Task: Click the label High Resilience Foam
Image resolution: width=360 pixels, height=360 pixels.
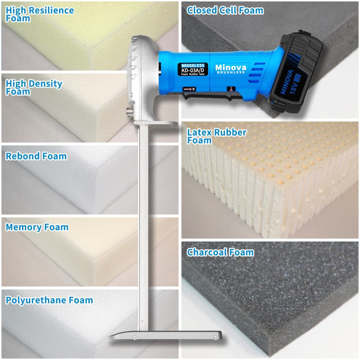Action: (x=40, y=14)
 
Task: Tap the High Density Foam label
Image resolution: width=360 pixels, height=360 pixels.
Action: (x=34, y=87)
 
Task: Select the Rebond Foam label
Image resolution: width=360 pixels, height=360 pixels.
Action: (x=36, y=156)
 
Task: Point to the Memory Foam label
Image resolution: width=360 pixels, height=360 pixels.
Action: (x=37, y=227)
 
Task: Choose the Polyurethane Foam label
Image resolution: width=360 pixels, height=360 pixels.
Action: (x=49, y=300)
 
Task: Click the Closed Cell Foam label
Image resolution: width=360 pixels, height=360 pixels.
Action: (x=225, y=10)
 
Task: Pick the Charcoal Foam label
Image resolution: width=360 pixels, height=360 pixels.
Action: (x=220, y=252)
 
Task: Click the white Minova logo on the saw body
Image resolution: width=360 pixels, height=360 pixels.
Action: (x=230, y=67)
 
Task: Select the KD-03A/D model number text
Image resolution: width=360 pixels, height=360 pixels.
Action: (x=193, y=70)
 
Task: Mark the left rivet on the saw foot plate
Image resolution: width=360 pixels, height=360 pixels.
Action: (x=134, y=337)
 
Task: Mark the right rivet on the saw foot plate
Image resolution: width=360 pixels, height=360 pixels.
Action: (x=215, y=337)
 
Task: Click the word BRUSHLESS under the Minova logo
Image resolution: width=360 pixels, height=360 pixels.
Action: (x=230, y=72)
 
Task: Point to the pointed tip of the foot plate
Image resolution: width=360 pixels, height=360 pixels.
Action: (x=108, y=338)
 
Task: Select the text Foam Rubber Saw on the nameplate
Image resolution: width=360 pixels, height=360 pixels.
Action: (x=193, y=74)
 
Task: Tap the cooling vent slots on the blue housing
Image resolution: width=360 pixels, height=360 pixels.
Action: (x=258, y=68)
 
